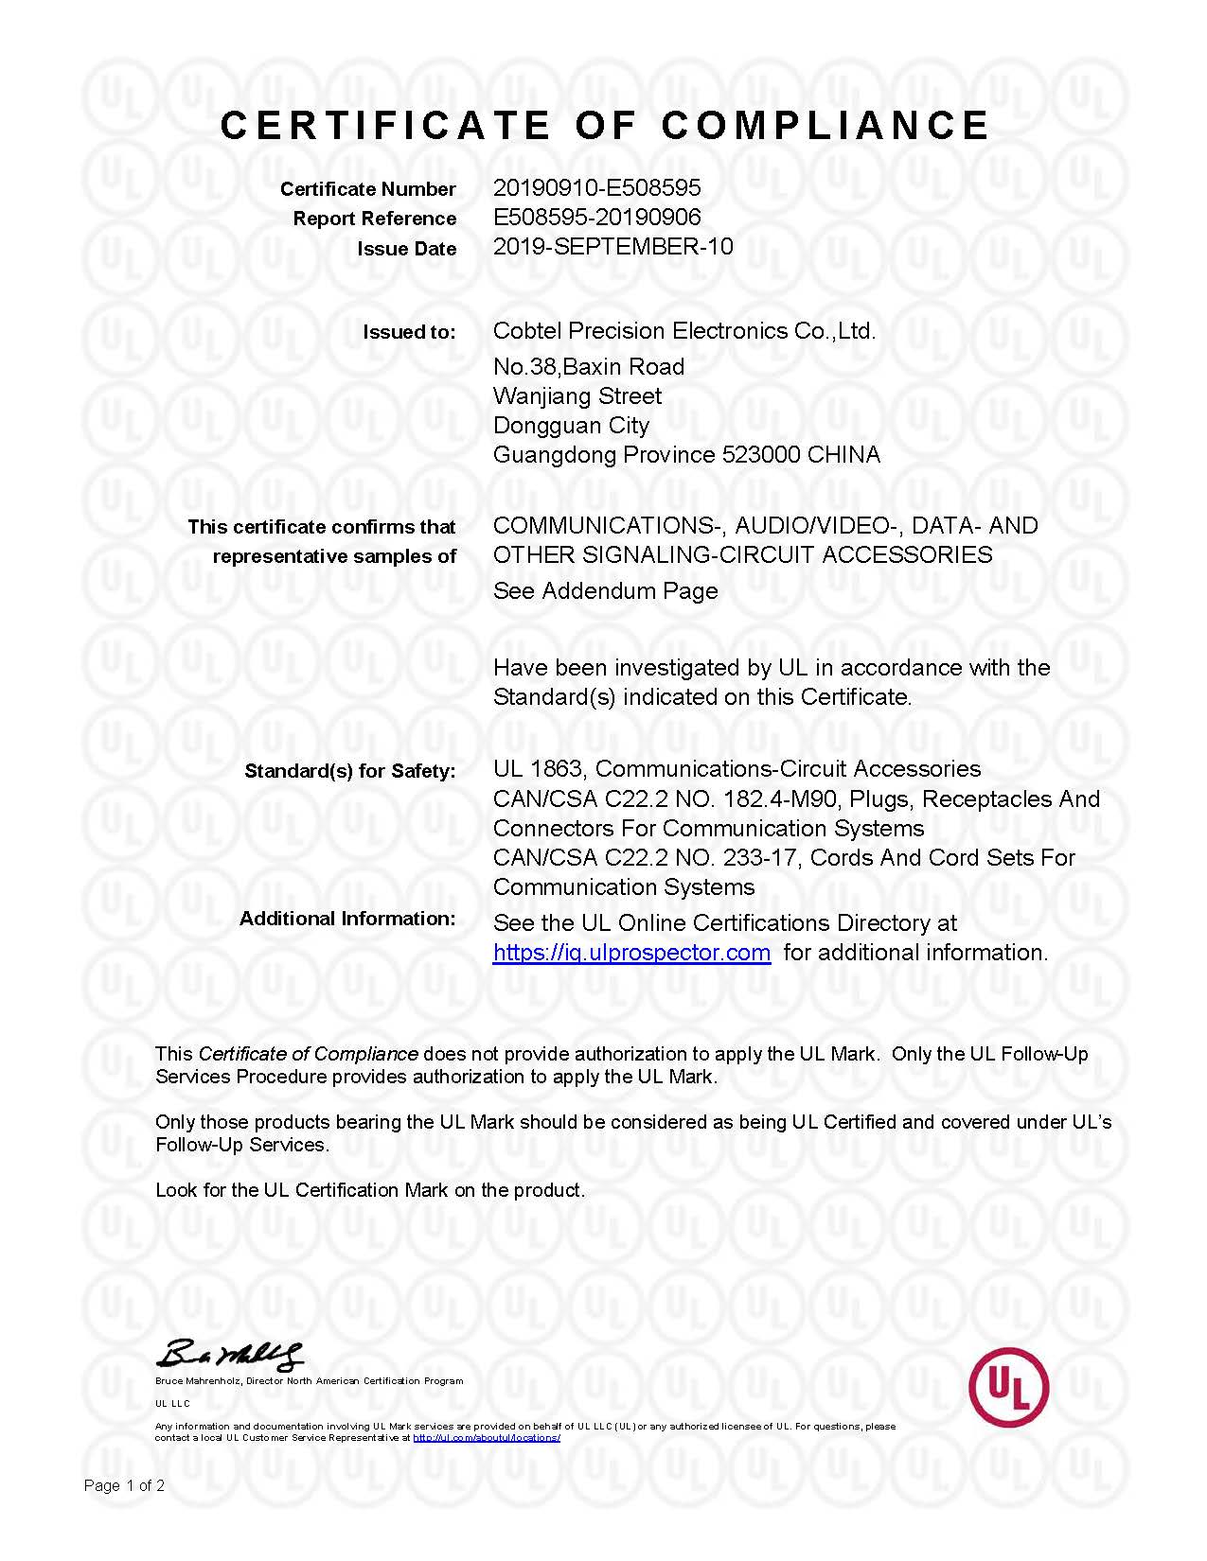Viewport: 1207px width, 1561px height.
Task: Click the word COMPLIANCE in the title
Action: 825,126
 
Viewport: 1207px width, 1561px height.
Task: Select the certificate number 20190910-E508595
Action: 596,188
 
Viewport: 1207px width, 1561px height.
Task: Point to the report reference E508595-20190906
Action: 596,218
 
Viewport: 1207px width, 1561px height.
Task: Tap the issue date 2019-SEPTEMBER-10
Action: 612,247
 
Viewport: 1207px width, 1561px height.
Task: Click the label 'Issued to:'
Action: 409,332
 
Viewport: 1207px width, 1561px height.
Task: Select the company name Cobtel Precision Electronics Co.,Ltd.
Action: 683,331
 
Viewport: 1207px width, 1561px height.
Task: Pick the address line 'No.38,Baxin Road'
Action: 588,367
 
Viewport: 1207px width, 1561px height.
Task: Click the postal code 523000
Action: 761,455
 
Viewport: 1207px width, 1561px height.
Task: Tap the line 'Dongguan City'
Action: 571,426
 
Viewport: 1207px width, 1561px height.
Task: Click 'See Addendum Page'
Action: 605,591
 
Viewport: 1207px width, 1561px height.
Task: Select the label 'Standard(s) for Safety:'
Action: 349,771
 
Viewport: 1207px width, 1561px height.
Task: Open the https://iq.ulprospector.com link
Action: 631,953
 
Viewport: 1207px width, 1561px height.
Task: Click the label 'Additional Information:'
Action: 346,919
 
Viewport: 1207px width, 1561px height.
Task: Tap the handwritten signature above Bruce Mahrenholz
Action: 230,1356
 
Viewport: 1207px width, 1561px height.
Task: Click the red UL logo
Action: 1008,1387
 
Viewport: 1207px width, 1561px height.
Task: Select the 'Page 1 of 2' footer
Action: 124,1486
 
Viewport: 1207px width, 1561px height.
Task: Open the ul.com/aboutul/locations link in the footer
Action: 487,1438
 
